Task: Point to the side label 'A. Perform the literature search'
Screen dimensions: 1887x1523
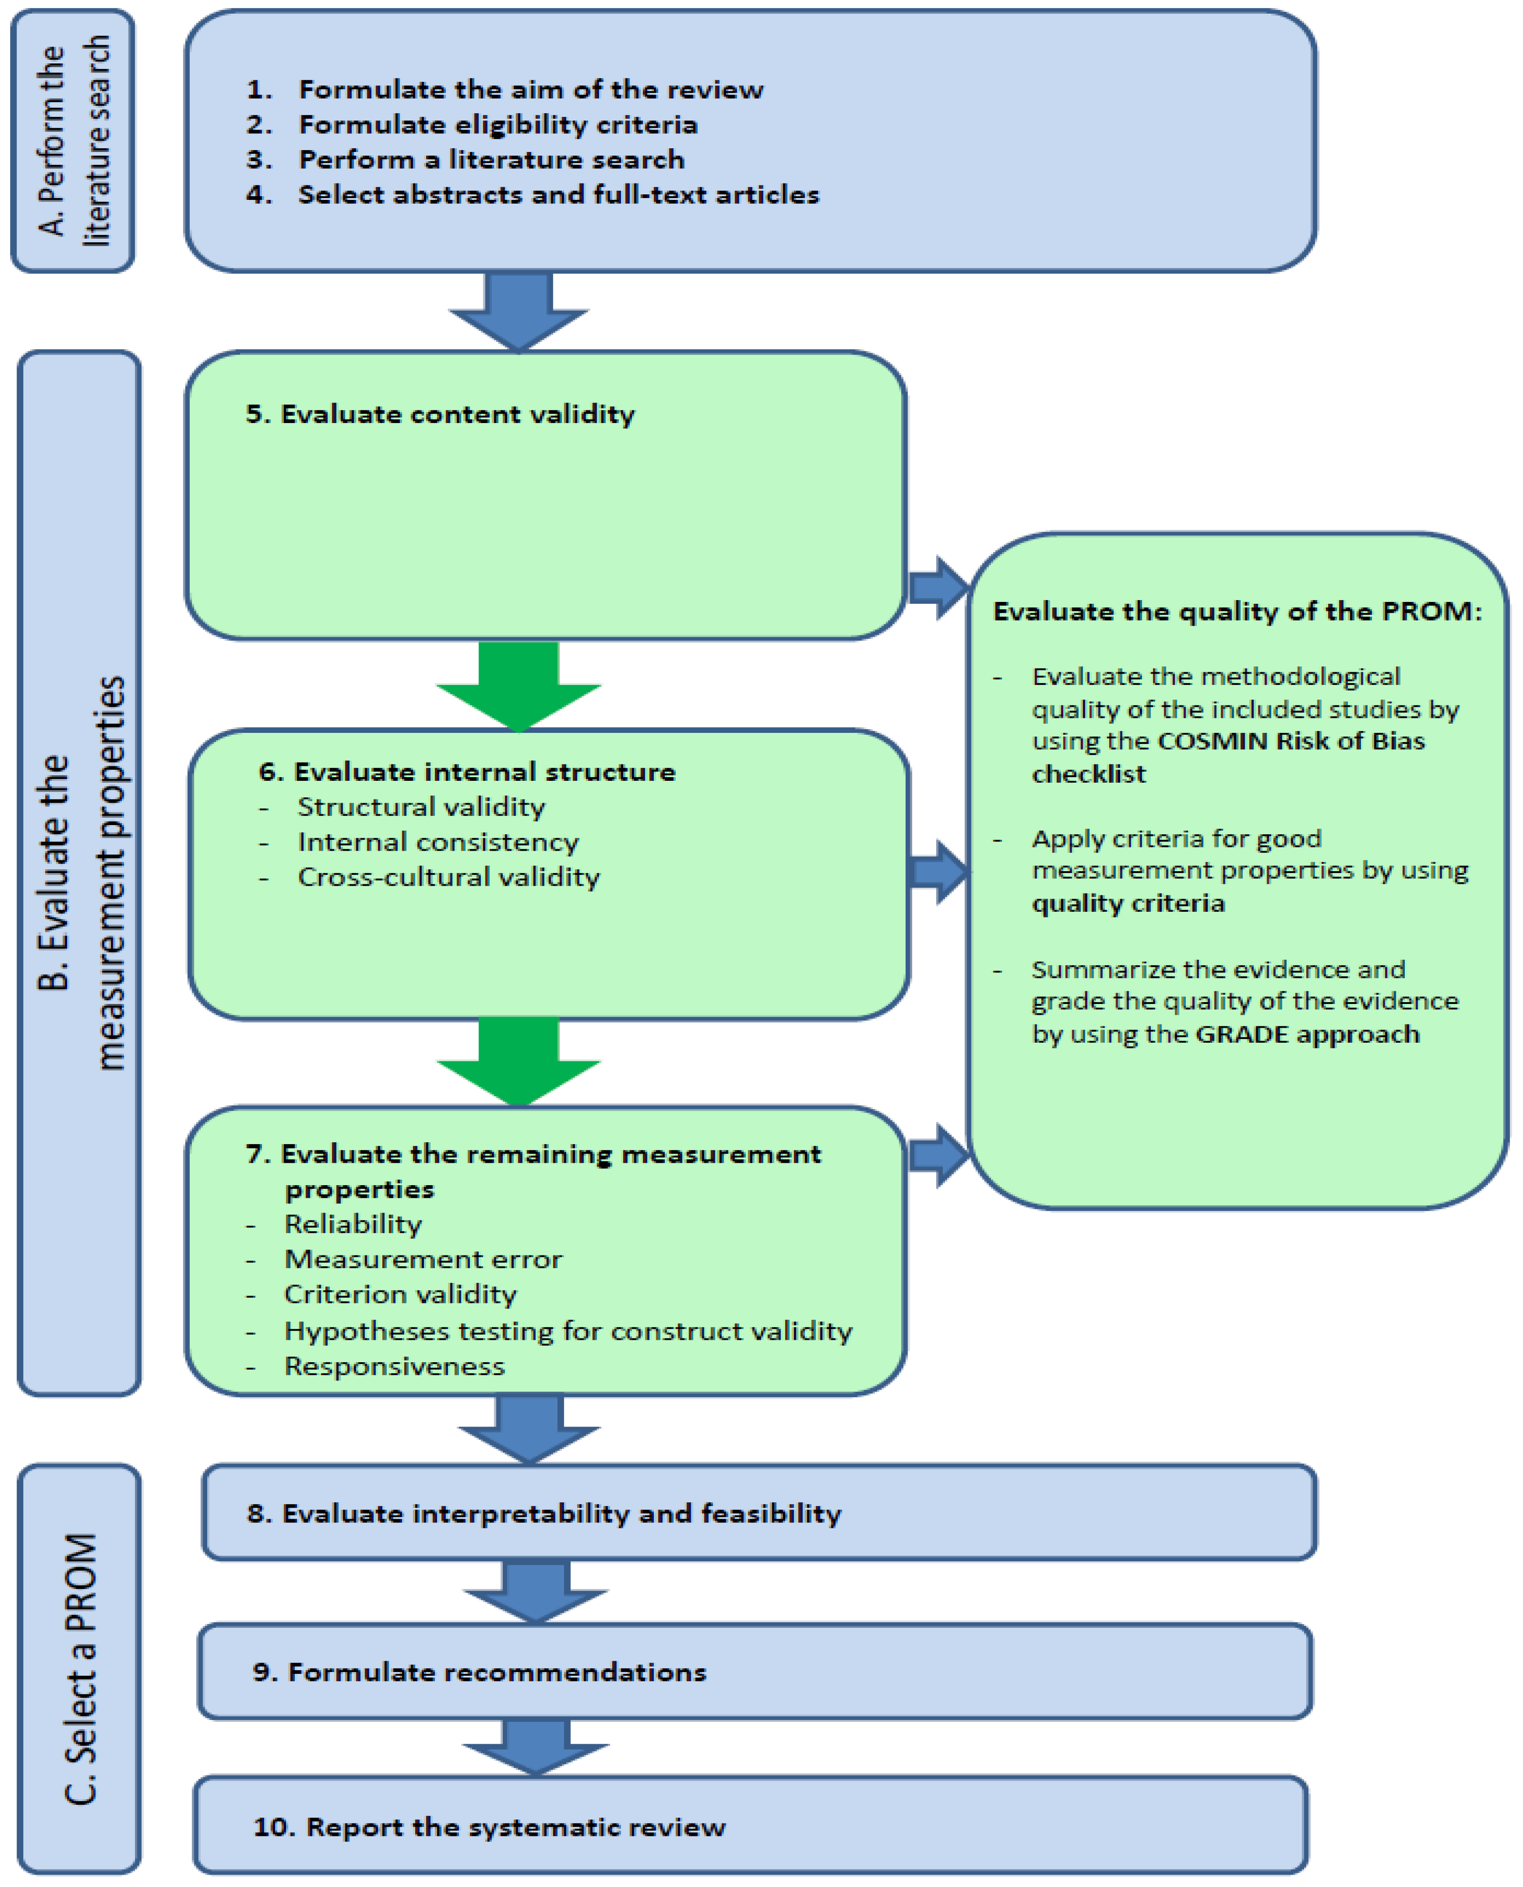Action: [x=74, y=141]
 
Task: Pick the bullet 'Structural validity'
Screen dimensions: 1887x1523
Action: [x=421, y=806]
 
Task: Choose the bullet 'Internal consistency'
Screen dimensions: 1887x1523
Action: [x=438, y=842]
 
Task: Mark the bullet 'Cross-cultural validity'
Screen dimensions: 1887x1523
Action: [x=449, y=877]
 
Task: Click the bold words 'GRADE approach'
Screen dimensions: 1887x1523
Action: [x=1307, y=1034]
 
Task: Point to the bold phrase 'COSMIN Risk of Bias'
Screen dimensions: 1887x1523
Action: [x=1291, y=741]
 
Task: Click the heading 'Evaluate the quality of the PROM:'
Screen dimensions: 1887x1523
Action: [x=1237, y=612]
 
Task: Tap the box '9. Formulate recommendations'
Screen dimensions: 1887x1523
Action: [x=755, y=1672]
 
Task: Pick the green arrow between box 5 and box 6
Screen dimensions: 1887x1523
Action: [x=518, y=685]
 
